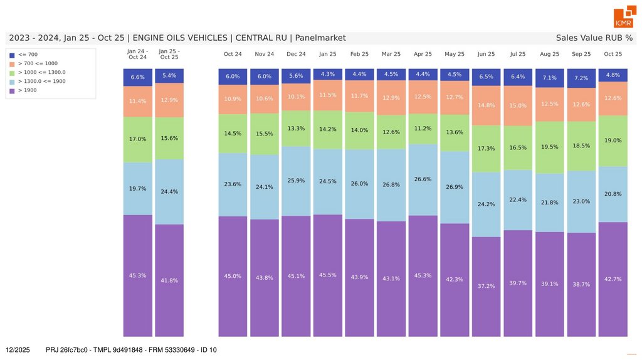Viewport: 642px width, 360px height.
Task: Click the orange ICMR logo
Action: (623, 18)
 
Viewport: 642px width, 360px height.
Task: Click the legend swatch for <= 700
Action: (12, 55)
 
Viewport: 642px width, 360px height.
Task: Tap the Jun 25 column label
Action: (486, 54)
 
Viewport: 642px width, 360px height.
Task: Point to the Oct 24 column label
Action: (233, 54)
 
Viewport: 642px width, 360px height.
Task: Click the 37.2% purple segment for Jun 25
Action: (486, 286)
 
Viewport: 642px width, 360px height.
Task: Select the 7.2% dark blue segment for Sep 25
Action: (581, 78)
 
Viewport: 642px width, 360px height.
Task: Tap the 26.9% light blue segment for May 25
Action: (455, 187)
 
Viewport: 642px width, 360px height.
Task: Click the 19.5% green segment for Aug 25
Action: (549, 147)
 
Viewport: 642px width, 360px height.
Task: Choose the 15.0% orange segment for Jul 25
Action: (518, 106)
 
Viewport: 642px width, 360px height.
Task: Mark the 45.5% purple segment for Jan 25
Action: (327, 275)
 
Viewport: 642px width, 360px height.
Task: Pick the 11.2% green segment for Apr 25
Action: (423, 129)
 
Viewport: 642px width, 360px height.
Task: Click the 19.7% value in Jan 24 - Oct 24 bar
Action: (137, 188)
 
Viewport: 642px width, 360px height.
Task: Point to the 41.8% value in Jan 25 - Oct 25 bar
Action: (169, 280)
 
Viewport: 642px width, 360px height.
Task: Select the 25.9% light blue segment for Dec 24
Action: (296, 181)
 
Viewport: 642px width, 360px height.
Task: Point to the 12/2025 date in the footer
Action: (18, 349)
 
